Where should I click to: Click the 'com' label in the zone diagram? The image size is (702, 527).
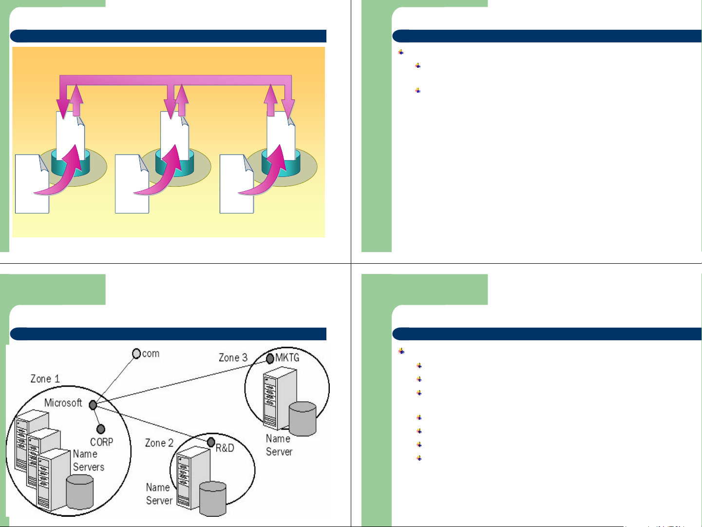pyautogui.click(x=151, y=353)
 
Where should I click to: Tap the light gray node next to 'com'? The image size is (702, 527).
pyautogui.click(x=136, y=353)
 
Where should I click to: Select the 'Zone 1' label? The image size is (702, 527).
pyautogui.click(x=45, y=379)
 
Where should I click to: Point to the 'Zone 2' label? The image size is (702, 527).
pyautogui.click(x=159, y=443)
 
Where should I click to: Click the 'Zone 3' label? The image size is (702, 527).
pyautogui.click(x=233, y=357)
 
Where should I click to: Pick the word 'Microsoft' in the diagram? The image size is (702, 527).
pyautogui.click(x=63, y=403)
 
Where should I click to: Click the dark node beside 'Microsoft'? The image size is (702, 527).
pyautogui.click(x=93, y=405)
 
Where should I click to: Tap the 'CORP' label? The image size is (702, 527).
pyautogui.click(x=102, y=442)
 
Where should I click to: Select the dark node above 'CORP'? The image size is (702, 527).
pyautogui.click(x=101, y=429)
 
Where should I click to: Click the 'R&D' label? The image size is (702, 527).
pyautogui.click(x=225, y=448)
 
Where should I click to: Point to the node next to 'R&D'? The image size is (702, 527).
pyautogui.click(x=211, y=443)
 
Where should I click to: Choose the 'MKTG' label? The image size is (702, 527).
pyautogui.click(x=287, y=357)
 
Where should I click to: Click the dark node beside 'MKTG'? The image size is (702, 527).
pyautogui.click(x=270, y=359)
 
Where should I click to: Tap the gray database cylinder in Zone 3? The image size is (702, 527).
pyautogui.click(x=303, y=419)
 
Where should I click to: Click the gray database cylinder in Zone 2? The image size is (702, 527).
pyautogui.click(x=213, y=499)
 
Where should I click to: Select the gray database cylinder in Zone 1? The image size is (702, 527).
pyautogui.click(x=80, y=492)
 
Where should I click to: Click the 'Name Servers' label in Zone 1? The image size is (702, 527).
pyautogui.click(x=89, y=460)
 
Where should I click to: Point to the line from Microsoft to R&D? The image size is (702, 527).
pyautogui.click(x=152, y=424)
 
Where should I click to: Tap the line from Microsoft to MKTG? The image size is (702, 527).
pyautogui.click(x=181, y=382)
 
